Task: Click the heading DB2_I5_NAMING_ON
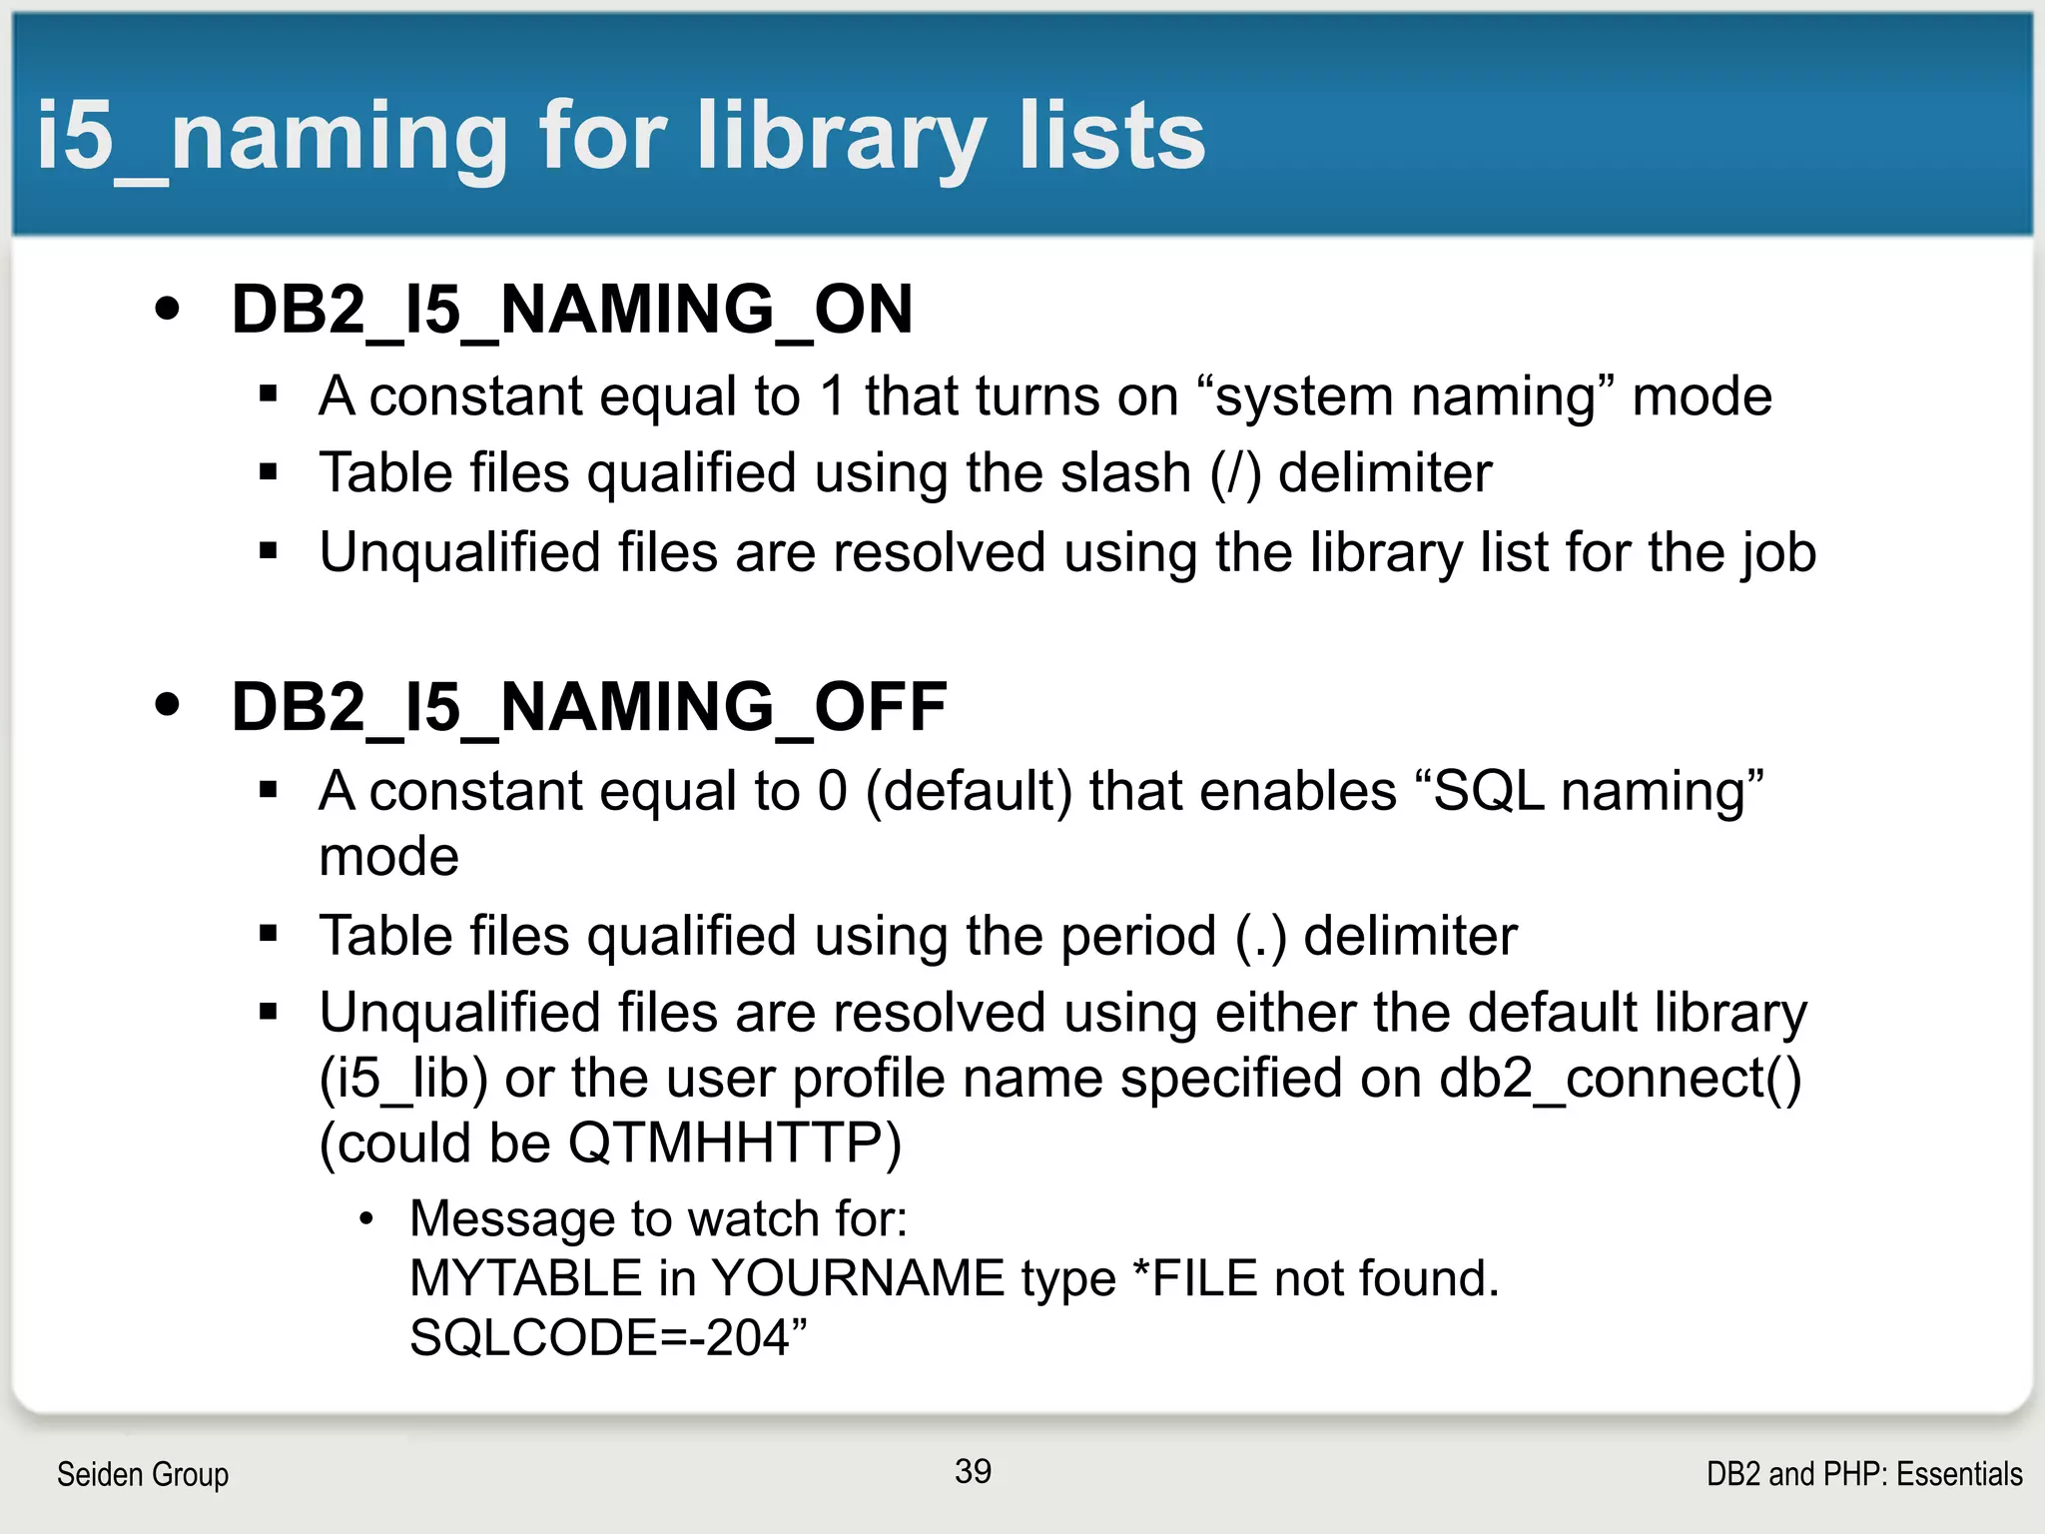tap(571, 309)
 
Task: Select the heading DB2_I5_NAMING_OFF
tap(588, 706)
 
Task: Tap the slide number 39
tap(973, 1471)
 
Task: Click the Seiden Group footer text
tap(143, 1474)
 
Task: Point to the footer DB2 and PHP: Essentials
tap(1864, 1474)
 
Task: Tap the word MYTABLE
tap(525, 1278)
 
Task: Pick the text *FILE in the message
tap(1194, 1278)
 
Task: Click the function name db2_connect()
tap(1620, 1079)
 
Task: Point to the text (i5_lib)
tap(403, 1079)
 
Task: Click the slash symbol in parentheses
tap(1236, 473)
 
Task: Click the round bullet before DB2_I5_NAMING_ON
tap(168, 309)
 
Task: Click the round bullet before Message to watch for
tap(366, 1219)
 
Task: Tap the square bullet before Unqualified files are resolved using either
tap(268, 1013)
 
